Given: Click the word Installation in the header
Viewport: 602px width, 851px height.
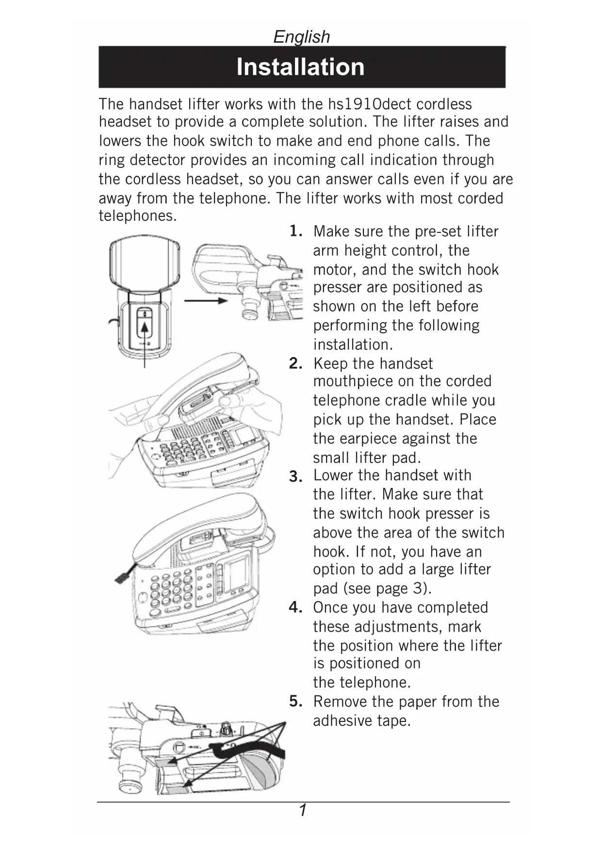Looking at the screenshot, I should point(300,67).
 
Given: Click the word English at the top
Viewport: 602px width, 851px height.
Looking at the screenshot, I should point(301,37).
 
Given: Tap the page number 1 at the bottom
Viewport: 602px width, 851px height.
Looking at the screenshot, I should point(303,810).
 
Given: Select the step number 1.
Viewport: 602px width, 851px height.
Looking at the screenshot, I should point(295,231).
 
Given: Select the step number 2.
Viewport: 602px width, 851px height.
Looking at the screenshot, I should point(295,363).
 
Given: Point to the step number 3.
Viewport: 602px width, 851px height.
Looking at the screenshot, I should point(295,477).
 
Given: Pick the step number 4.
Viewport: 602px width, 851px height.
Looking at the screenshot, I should point(295,607).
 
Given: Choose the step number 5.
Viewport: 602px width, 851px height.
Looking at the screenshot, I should point(295,702).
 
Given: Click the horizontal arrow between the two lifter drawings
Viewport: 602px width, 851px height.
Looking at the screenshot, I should point(206,301).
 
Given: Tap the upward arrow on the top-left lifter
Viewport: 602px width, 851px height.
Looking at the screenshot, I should point(144,340).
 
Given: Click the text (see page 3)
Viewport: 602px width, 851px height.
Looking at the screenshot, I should point(387,589).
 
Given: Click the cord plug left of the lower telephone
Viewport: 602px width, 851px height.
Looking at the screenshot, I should point(121,576).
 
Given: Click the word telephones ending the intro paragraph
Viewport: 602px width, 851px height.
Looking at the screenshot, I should point(138,216).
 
